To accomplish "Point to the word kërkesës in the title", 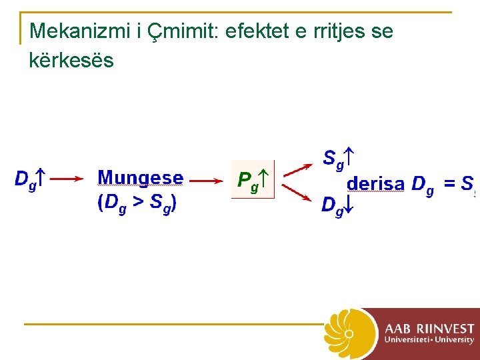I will click(x=72, y=61).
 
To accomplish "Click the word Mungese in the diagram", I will click(x=140, y=178).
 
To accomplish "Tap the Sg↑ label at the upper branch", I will click(x=337, y=159).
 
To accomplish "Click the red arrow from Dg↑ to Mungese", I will click(x=66, y=179).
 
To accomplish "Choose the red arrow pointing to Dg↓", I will click(x=297, y=192).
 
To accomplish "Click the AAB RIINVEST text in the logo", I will click(x=429, y=329).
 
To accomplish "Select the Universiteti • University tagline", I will click(x=429, y=340).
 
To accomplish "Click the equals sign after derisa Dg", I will click(x=450, y=183).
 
